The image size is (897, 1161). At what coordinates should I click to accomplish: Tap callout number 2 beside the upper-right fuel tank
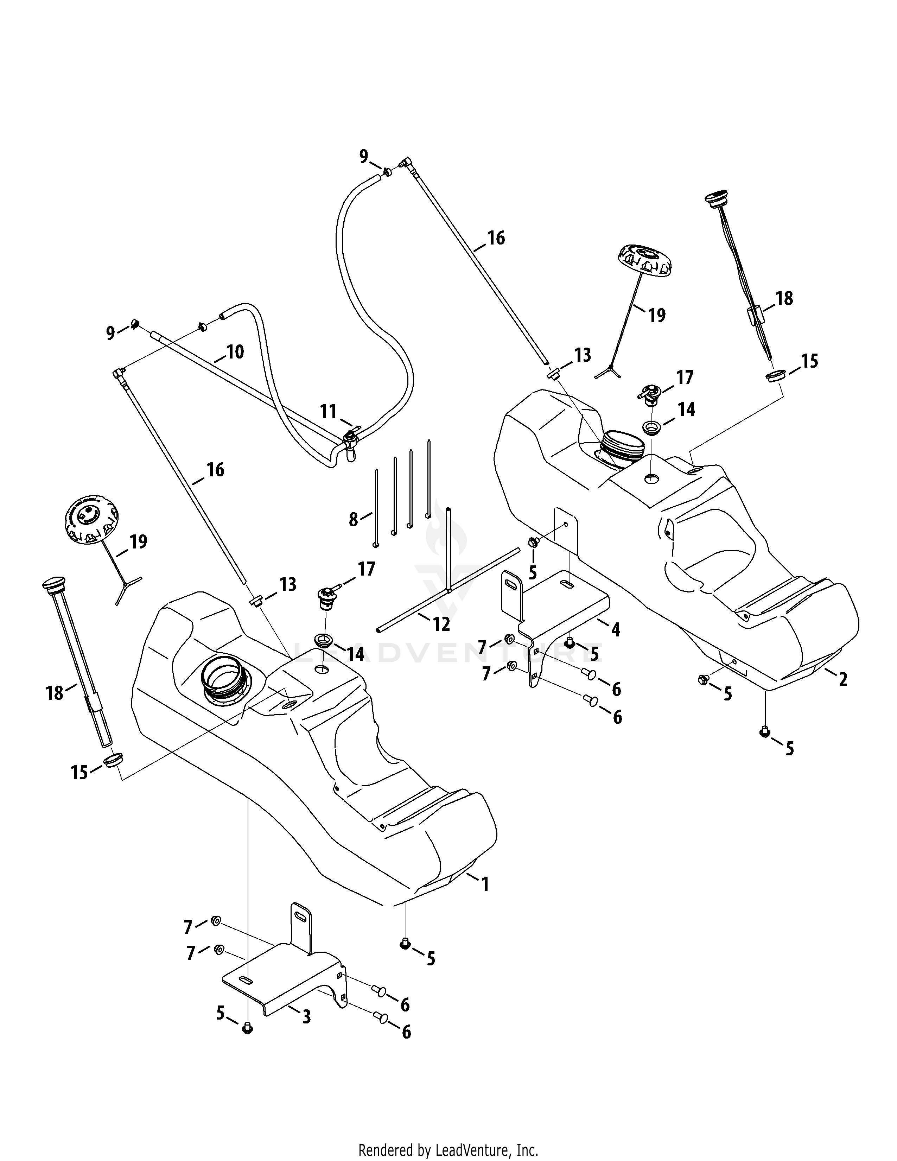(x=843, y=679)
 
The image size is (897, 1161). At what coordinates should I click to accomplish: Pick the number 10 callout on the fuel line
(x=235, y=351)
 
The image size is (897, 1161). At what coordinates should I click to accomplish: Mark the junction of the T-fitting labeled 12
(x=450, y=589)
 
